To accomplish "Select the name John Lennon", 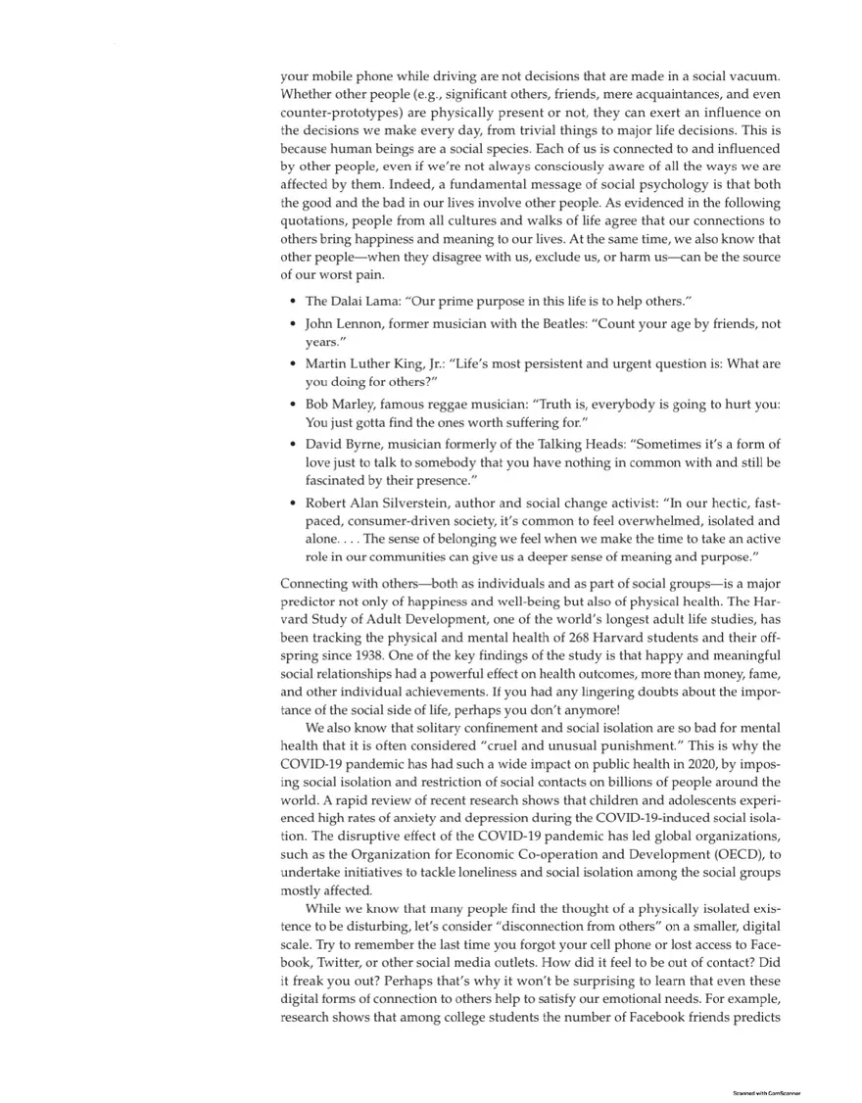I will (339, 323).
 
